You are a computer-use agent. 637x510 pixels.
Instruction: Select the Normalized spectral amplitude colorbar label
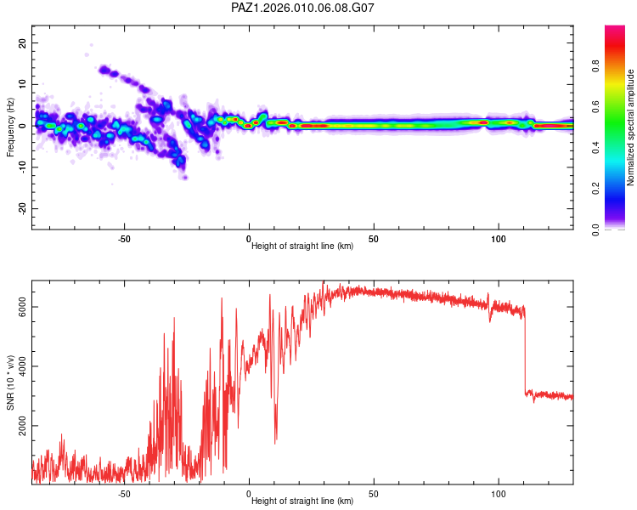click(x=631, y=127)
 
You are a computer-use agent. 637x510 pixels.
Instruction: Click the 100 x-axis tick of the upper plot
click(x=499, y=237)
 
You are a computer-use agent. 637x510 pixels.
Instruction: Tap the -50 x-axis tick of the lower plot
click(x=124, y=492)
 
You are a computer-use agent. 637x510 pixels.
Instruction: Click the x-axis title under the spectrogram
click(x=302, y=246)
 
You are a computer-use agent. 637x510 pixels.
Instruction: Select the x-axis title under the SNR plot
click(x=302, y=501)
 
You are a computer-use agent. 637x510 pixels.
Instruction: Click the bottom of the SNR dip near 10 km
click(x=275, y=442)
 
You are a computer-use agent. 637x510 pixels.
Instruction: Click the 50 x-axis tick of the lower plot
click(x=374, y=492)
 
